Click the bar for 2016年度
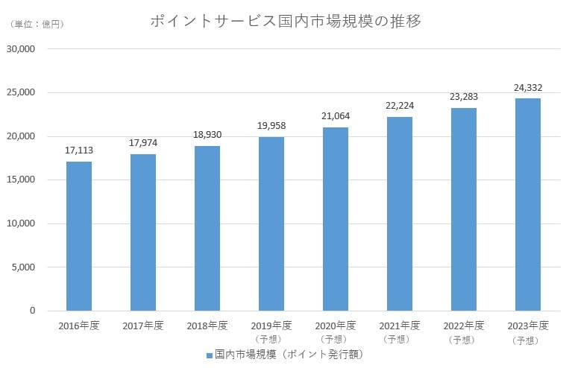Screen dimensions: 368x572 click(x=79, y=236)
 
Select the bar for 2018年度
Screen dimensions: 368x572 click(x=207, y=228)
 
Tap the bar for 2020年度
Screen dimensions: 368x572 click(x=336, y=219)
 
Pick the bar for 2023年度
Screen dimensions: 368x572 click(x=528, y=205)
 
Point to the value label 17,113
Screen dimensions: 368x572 click(x=79, y=150)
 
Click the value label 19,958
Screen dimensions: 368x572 click(x=271, y=125)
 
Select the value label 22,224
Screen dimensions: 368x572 click(x=400, y=106)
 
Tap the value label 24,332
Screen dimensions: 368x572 click(x=528, y=87)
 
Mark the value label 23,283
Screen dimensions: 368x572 click(x=464, y=97)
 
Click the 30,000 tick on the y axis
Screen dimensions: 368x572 click(x=22, y=49)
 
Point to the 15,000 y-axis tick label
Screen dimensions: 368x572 click(x=22, y=180)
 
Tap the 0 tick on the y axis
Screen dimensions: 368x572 click(x=33, y=311)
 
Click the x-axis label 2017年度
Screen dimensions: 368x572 click(x=143, y=326)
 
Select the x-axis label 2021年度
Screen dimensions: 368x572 click(x=400, y=326)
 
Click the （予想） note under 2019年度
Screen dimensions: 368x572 click(x=271, y=339)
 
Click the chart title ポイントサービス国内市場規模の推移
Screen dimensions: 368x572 click(x=286, y=21)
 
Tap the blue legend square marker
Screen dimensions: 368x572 click(x=210, y=355)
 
